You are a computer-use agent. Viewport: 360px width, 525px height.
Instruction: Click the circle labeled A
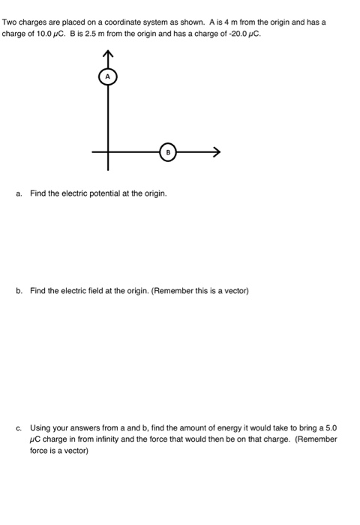(x=107, y=76)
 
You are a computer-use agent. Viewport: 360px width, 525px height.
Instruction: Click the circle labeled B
(x=168, y=151)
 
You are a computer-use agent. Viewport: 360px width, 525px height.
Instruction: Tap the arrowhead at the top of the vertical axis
(x=107, y=53)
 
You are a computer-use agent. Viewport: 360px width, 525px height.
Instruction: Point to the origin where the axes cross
(x=107, y=151)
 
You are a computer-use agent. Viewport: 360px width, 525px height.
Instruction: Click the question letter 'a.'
(x=18, y=193)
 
